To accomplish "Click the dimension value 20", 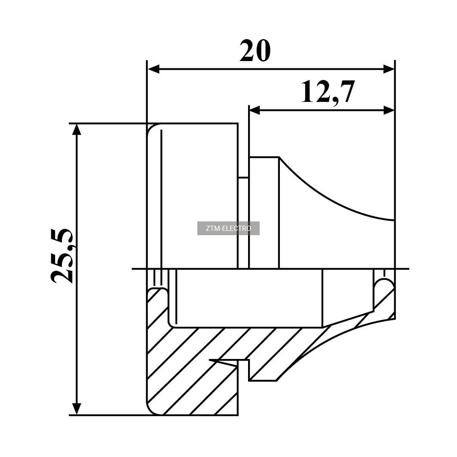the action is pyautogui.click(x=255, y=51).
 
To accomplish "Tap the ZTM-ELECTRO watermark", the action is pyautogui.click(x=228, y=228).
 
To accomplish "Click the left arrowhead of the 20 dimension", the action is pyautogui.click(x=153, y=69).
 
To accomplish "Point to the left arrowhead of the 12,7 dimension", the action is pyautogui.click(x=255, y=110).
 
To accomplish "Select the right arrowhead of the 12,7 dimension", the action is pyautogui.click(x=389, y=110).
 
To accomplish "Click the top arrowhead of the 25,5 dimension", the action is pyautogui.click(x=77, y=130).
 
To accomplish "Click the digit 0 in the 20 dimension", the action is pyautogui.click(x=263, y=51).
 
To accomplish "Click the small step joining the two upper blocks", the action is pyautogui.click(x=243, y=177).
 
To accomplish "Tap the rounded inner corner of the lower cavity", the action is pyautogui.click(x=172, y=324).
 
